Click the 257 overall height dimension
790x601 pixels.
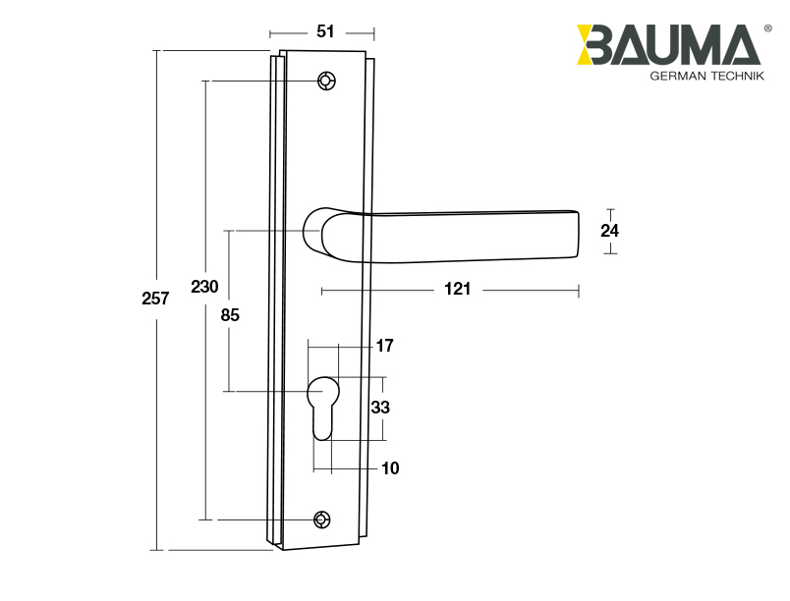[155, 299]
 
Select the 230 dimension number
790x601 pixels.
[203, 287]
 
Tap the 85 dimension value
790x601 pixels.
[229, 315]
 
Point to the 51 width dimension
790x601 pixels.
[325, 31]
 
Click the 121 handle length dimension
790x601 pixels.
[457, 289]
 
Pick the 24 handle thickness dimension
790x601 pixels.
[610, 231]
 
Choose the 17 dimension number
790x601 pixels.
[384, 346]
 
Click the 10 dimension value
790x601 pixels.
[390, 468]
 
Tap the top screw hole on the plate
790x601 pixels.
[325, 81]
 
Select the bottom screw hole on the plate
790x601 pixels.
[322, 519]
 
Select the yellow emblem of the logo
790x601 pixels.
[595, 45]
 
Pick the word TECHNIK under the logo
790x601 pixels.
[737, 77]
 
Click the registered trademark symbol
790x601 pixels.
[766, 28]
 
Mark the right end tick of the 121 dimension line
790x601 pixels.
[579, 291]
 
